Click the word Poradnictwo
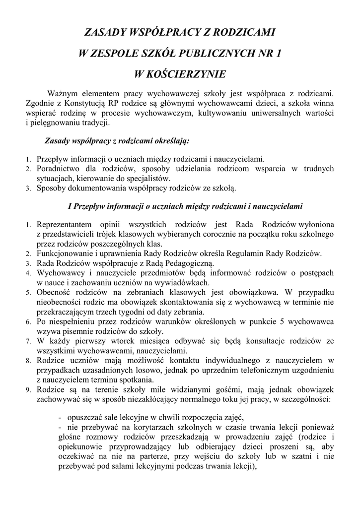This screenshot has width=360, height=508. [58, 169]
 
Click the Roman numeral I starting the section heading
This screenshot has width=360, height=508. [69, 206]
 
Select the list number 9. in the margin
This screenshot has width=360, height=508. [29, 390]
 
